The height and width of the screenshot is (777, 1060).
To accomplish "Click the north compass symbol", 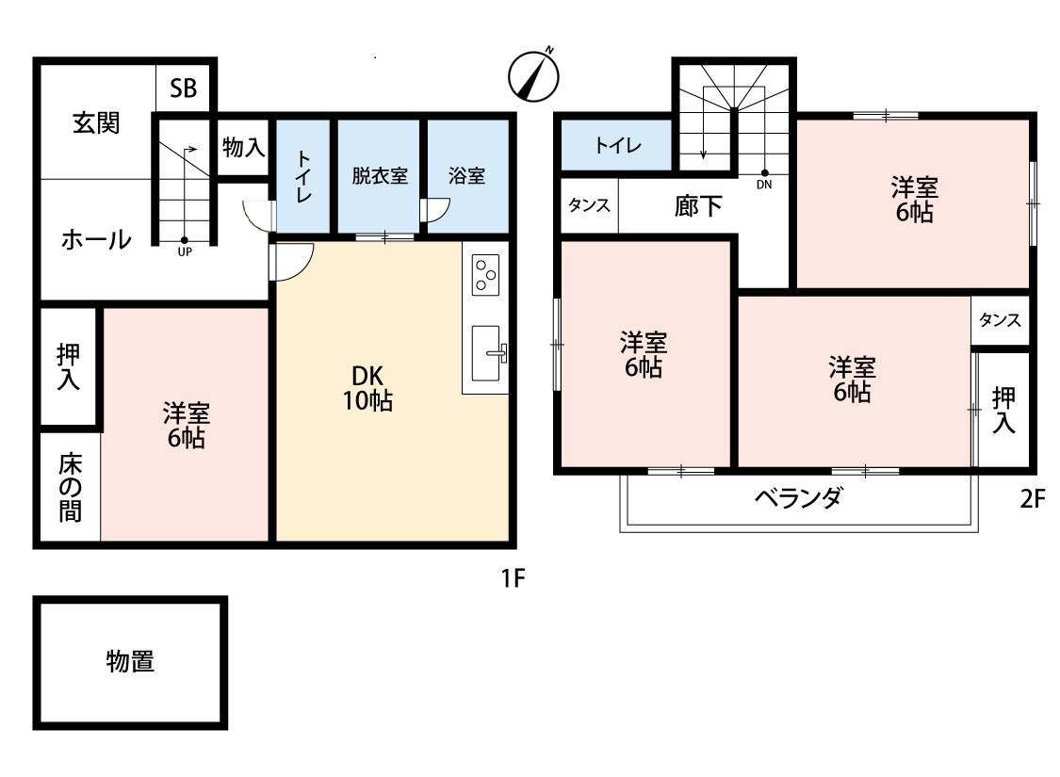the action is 533,75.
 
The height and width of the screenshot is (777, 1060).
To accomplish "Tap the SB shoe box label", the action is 183,89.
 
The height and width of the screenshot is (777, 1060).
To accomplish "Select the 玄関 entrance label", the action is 96,123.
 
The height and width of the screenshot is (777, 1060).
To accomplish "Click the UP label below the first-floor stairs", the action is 185,252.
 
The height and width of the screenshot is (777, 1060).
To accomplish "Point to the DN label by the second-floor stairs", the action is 764,185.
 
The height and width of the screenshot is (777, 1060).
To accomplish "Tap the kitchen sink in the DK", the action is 487,352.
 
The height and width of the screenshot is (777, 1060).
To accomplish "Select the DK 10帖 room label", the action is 367,388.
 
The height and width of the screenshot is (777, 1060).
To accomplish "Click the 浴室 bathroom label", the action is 466,176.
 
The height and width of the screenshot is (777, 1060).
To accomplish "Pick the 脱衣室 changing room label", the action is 380,176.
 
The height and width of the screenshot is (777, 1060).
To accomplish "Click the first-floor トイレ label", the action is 303,176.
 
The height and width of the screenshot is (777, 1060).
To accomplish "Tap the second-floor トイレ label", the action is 618,145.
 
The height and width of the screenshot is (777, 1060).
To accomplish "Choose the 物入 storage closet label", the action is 243,147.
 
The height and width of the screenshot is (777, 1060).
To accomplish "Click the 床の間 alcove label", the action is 71,488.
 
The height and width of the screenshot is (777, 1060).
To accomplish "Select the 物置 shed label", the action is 130,661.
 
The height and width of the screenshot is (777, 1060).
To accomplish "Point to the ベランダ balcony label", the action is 798,498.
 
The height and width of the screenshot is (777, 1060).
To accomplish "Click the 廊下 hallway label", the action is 698,206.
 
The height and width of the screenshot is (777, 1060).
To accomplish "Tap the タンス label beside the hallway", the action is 589,204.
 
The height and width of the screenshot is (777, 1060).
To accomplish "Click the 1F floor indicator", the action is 514,578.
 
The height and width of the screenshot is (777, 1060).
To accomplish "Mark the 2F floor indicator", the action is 1033,499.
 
